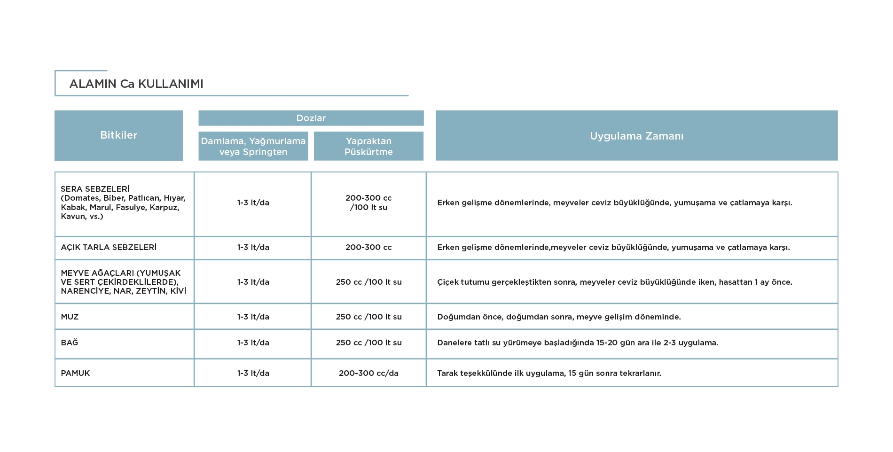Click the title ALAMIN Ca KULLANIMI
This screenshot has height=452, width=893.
pos(136,84)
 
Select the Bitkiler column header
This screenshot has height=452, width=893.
pos(118,135)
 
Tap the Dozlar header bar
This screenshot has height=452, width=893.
pos(311,118)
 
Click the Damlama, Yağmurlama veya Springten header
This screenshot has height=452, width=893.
pos(253,146)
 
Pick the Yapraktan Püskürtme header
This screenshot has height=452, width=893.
pos(368,146)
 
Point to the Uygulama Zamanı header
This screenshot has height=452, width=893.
pos(636,135)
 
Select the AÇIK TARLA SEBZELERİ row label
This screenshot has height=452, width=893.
pos(109,247)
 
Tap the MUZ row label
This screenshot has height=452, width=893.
pos(70,317)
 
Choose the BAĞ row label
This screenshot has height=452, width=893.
pos(70,342)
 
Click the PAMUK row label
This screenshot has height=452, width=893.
pos(75,373)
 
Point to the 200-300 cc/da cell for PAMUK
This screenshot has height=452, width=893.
pos(368,373)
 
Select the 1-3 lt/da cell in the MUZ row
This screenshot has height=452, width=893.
pos(253,317)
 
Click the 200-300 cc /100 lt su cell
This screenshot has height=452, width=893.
pos(368,203)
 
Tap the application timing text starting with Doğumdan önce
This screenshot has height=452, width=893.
pos(559,317)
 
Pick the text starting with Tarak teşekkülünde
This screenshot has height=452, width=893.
pos(549,373)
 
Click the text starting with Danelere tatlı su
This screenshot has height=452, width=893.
pos(578,343)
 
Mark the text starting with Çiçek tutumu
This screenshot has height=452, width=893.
pos(615,282)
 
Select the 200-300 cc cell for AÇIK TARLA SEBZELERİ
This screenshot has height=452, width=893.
pos(368,247)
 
